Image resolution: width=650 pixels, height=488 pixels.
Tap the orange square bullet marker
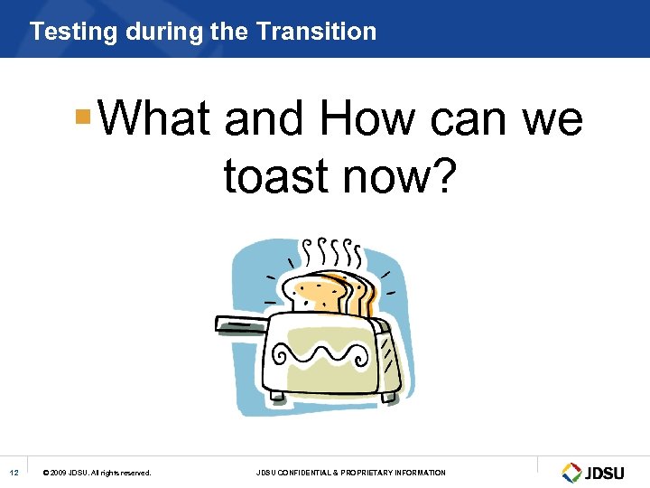coord(83,117)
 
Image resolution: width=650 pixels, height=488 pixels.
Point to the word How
coord(367,118)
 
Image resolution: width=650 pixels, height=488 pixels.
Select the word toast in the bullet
coord(276,175)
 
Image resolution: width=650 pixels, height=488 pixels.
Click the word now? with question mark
coord(403,175)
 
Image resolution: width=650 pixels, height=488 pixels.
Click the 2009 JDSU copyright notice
coord(97,473)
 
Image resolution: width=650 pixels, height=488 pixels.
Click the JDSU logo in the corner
coord(593,472)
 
